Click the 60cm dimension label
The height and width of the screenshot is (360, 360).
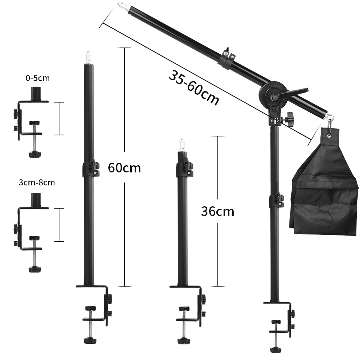tap(125, 168)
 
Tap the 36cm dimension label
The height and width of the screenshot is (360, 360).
tap(218, 211)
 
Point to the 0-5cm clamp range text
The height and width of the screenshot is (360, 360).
tap(38, 78)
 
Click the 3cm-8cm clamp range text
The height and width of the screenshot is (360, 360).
tap(37, 183)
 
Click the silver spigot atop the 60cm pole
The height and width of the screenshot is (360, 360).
tap(88, 57)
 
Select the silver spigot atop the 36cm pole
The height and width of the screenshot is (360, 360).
tap(182, 145)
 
